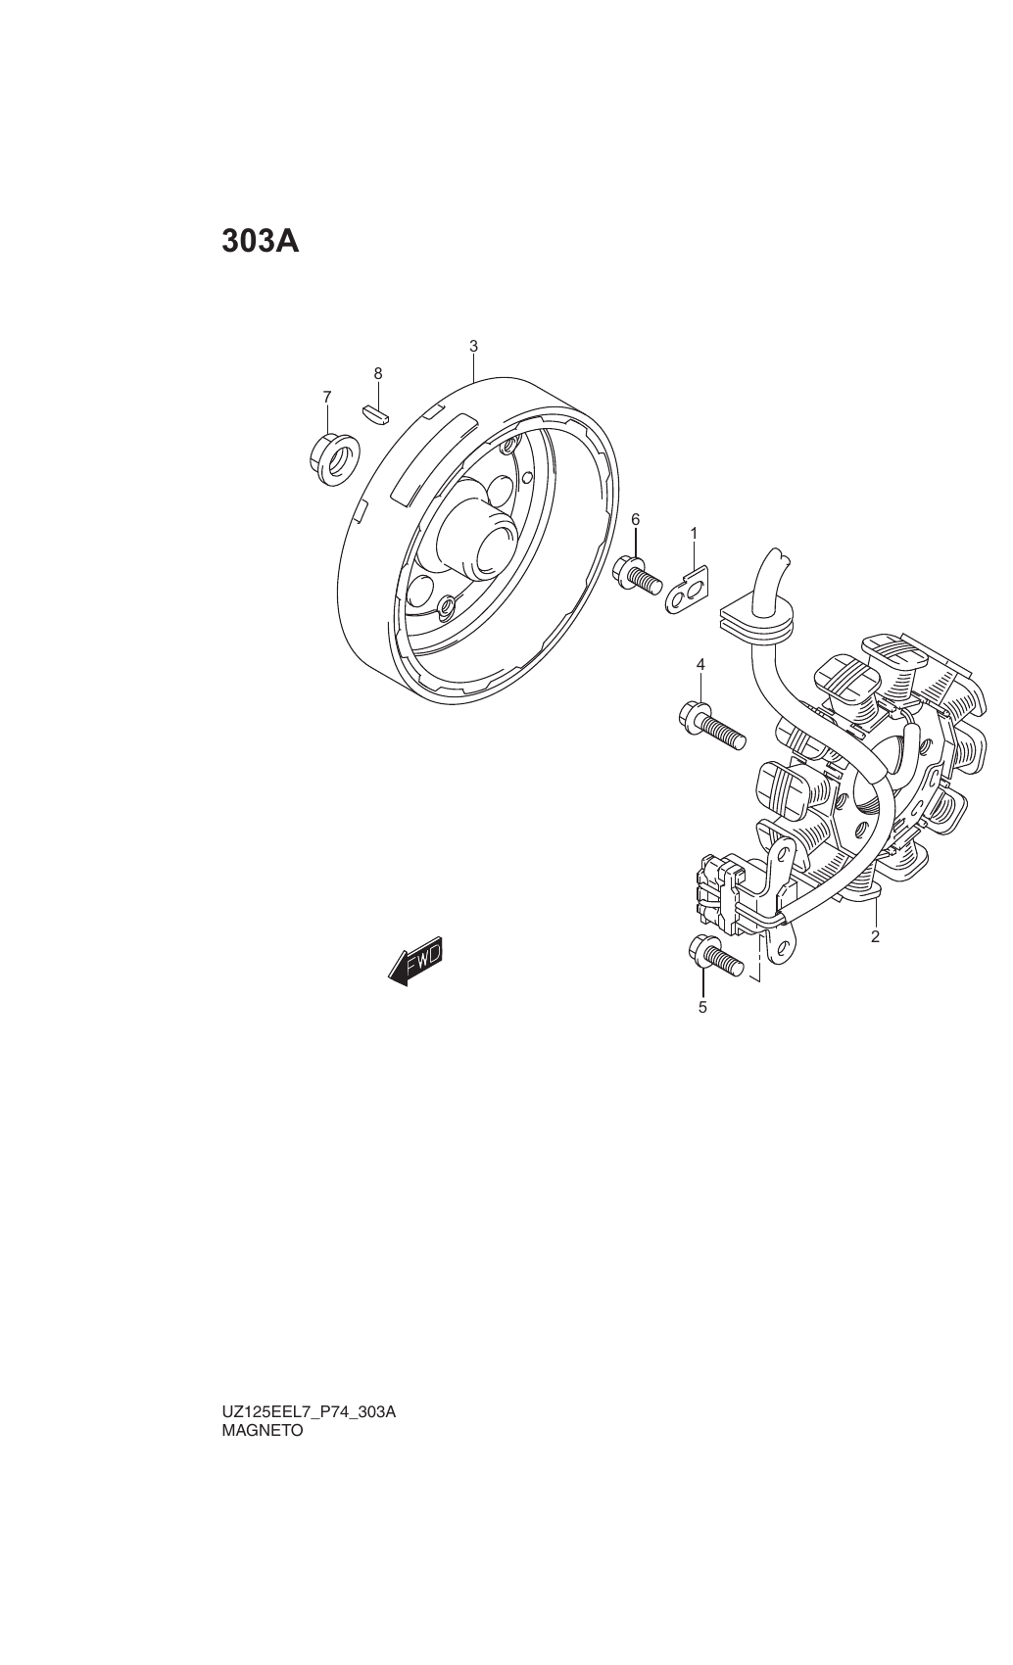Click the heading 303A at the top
261,242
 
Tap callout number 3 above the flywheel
474,347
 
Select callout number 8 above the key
378,374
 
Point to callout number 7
326,398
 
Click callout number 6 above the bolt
635,519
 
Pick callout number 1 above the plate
694,533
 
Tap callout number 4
699,664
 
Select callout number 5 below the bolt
702,1008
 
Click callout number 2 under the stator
876,936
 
